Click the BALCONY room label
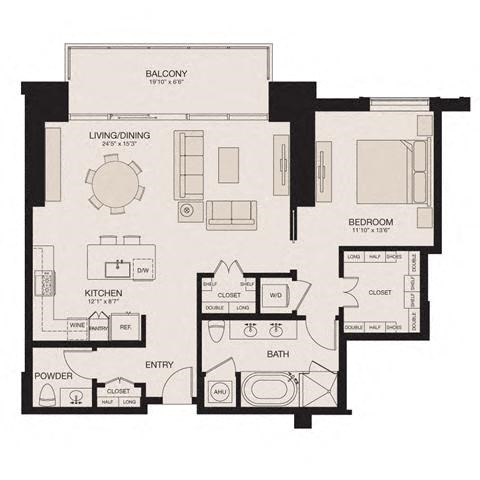[165, 74]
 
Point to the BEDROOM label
[370, 221]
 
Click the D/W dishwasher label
[142, 270]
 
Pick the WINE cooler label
[76, 325]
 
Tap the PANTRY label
[99, 327]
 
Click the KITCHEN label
[74, 293]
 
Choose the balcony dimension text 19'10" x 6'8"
[165, 84]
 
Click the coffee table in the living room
[229, 163]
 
